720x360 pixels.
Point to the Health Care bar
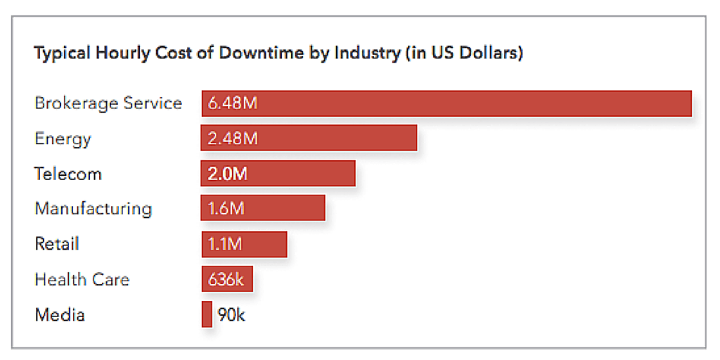click(x=226, y=279)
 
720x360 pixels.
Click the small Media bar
click(x=207, y=314)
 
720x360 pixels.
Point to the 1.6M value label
click(x=225, y=209)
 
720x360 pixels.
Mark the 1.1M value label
click(x=225, y=244)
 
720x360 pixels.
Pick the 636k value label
click(x=226, y=279)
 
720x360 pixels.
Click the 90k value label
click(x=231, y=314)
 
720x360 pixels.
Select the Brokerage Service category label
click(x=108, y=103)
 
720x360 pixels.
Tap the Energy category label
click(x=63, y=139)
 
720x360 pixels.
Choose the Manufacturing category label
click(x=93, y=209)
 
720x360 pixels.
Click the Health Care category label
click(x=82, y=279)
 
